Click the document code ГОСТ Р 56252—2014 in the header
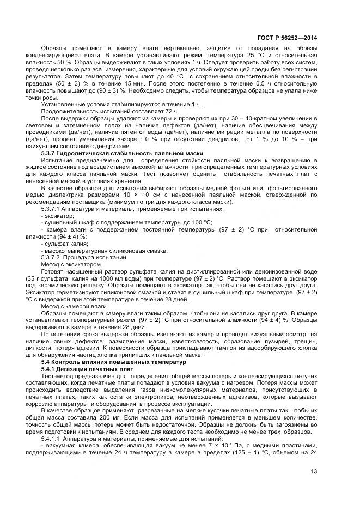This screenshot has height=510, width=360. coord(287,38)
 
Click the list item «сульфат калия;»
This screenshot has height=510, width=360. coord(61,244)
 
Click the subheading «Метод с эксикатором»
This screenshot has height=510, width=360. coord(71,264)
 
